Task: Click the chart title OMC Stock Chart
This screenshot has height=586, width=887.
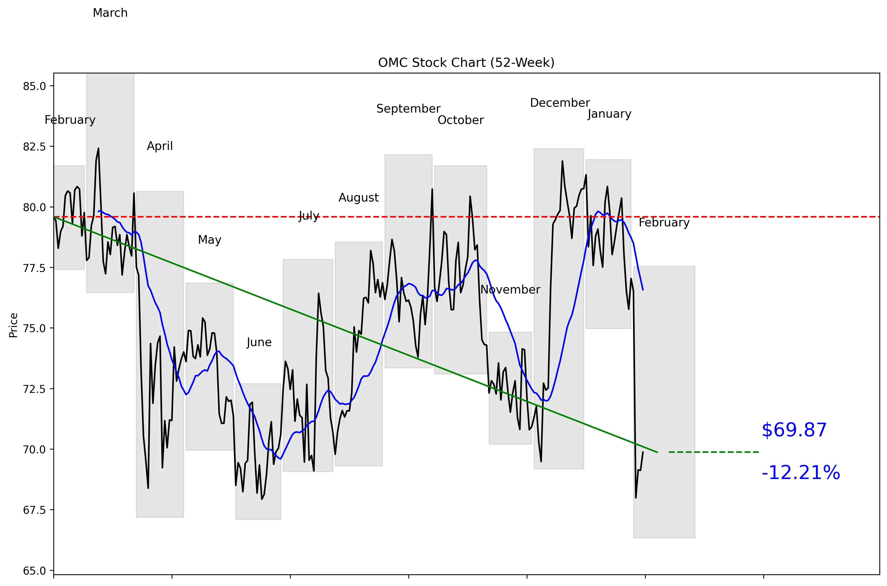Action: (466, 63)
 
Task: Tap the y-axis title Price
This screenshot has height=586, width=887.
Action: (13, 325)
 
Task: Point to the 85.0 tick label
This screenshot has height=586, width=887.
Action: (34, 86)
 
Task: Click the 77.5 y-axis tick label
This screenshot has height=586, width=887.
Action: (34, 268)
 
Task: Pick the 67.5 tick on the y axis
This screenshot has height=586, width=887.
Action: (34, 510)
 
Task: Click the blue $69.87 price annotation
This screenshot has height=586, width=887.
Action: (794, 430)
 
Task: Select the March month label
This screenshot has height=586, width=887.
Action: (110, 13)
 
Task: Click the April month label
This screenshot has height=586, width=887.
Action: (160, 146)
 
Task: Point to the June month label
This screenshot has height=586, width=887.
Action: (259, 342)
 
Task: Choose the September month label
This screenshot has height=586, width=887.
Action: (408, 109)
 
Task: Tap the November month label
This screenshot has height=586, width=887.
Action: (510, 290)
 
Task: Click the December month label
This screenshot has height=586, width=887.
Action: (560, 103)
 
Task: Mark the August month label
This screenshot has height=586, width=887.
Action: (359, 198)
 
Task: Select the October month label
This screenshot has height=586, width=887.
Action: (460, 120)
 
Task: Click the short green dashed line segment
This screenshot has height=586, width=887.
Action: (713, 452)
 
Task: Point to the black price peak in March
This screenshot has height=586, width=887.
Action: (98, 149)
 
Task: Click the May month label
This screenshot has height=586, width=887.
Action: (209, 240)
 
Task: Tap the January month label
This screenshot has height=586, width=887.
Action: (609, 114)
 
